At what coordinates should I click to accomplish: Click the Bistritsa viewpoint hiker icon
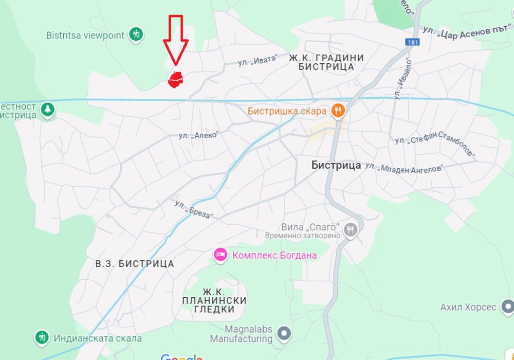136,35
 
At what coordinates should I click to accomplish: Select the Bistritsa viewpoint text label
85,35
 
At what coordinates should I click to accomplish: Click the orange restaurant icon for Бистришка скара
338,110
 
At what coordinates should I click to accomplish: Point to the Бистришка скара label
287,111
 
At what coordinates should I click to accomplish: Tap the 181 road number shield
412,42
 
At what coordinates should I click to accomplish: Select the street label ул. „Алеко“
198,135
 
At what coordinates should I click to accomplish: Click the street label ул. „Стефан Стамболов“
435,147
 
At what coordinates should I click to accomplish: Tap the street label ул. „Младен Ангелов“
404,168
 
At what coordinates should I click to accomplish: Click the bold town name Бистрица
336,166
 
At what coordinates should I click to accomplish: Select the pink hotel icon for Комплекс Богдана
221,255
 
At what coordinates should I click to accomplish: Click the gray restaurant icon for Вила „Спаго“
351,229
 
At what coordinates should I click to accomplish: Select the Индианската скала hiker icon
42,338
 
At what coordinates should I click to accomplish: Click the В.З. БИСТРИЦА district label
135,264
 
